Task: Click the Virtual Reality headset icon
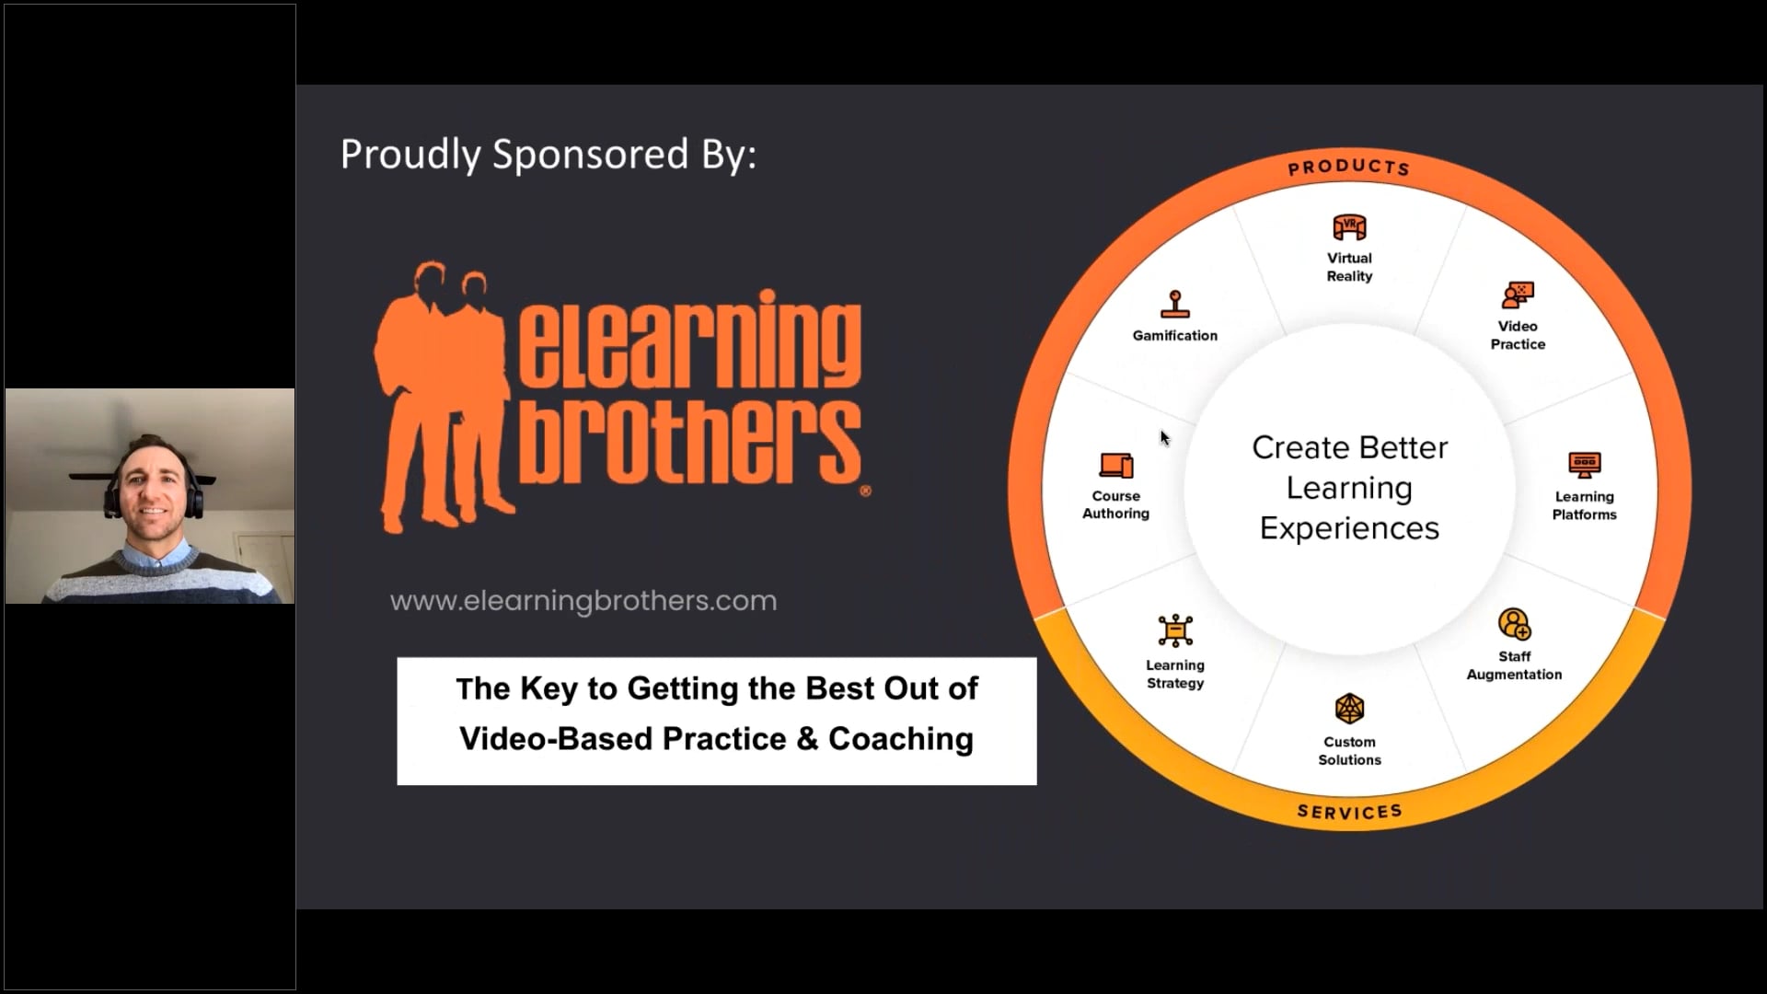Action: (1349, 227)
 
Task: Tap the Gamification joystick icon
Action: (1175, 305)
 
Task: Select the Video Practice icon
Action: (1518, 295)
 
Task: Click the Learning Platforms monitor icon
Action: (1584, 465)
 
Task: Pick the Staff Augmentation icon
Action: (1514, 624)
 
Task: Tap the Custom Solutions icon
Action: (1349, 710)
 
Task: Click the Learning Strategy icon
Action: (1175, 631)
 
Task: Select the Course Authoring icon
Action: (1116, 465)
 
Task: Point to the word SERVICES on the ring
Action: (1349, 811)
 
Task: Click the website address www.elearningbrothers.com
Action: (583, 601)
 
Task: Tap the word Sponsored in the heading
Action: (590, 154)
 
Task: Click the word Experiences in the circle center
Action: (1349, 528)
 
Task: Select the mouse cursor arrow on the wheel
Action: (1164, 438)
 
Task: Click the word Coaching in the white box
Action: (900, 739)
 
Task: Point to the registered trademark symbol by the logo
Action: (865, 491)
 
